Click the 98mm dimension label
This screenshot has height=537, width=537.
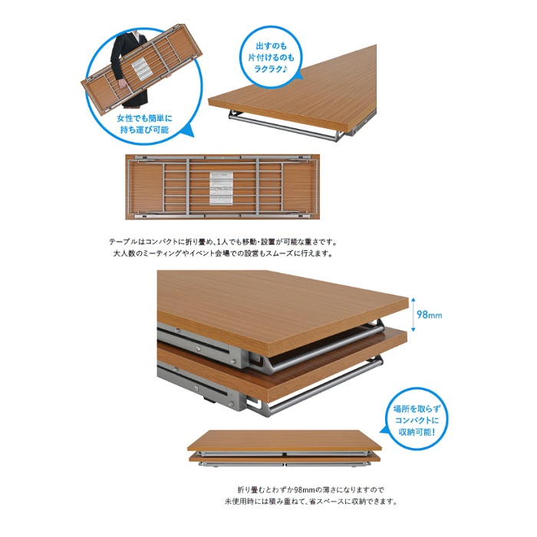tap(429, 315)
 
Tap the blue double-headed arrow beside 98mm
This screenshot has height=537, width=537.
tap(413, 315)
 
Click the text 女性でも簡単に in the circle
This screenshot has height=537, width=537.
tap(144, 118)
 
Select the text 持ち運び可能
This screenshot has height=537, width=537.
tap(144, 130)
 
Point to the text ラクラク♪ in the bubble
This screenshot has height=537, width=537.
tap(271, 69)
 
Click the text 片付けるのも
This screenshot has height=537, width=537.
tap(271, 58)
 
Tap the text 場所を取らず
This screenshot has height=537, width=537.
tap(417, 409)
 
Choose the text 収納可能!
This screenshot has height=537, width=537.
tap(417, 432)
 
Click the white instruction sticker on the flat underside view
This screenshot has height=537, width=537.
tap(221, 189)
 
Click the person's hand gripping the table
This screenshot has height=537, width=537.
tap(122, 84)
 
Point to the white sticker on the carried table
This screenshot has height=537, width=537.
tap(140, 69)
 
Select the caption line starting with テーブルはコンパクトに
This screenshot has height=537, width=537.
tap(223, 242)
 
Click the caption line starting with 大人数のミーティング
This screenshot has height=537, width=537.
tap(223, 254)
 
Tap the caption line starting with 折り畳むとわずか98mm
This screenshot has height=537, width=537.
tap(311, 489)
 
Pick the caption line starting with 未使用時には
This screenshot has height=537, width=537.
tap(311, 502)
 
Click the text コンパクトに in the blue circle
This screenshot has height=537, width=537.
tap(417, 420)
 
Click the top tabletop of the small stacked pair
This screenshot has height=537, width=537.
tap(285, 441)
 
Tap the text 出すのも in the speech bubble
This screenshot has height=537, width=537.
tap(271, 45)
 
